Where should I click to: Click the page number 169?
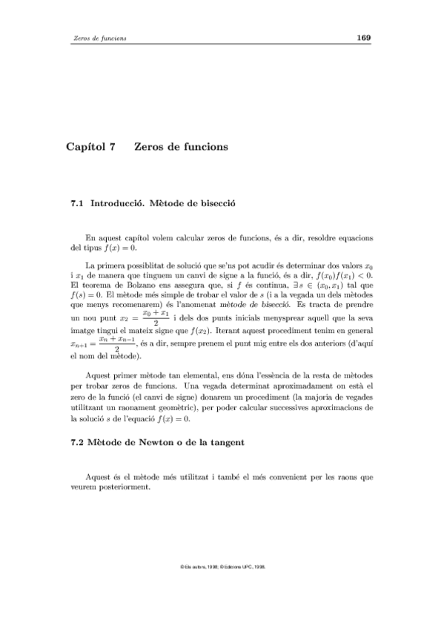point(363,38)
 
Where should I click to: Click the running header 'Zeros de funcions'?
point(95,39)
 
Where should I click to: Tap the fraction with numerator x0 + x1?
point(156,317)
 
